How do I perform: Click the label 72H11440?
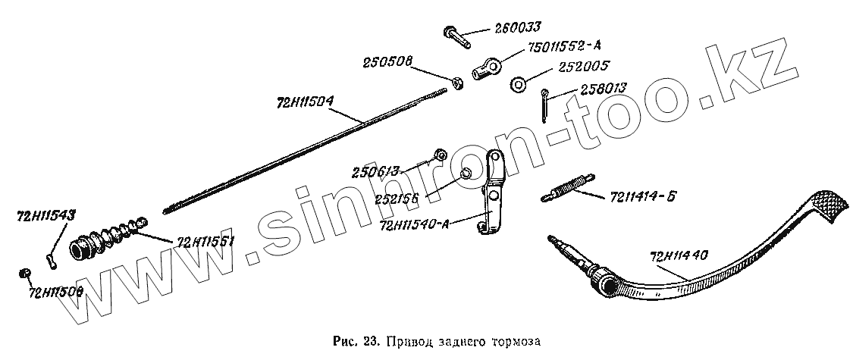pyautogui.click(x=679, y=256)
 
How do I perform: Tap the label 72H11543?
pyautogui.click(x=45, y=216)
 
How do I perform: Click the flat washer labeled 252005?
pyautogui.click(x=519, y=84)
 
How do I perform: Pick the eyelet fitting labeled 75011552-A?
pyautogui.click(x=485, y=69)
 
